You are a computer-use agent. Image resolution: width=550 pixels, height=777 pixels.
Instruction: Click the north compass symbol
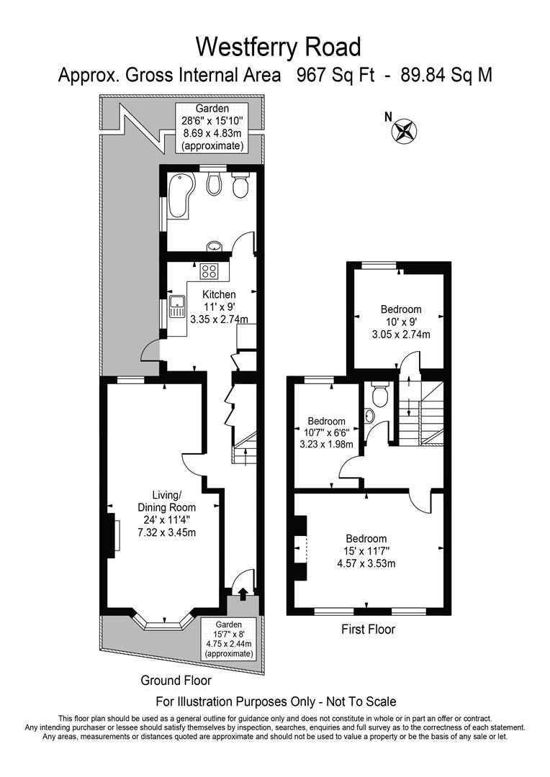[404, 131]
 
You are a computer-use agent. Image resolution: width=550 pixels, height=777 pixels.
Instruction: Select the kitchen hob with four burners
[209, 271]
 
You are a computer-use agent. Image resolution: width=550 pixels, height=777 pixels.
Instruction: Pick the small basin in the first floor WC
[370, 416]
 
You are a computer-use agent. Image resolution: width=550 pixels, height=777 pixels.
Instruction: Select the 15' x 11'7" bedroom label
[366, 550]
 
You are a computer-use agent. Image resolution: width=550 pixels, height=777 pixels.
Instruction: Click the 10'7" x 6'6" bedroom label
[326, 432]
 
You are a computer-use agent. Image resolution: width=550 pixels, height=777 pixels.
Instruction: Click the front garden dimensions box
[230, 640]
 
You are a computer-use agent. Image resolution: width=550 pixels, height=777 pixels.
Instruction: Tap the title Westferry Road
[278, 47]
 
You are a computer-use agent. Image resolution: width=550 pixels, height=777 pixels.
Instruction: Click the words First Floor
[368, 630]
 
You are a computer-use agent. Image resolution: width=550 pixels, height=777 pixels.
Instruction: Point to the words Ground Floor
[176, 680]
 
